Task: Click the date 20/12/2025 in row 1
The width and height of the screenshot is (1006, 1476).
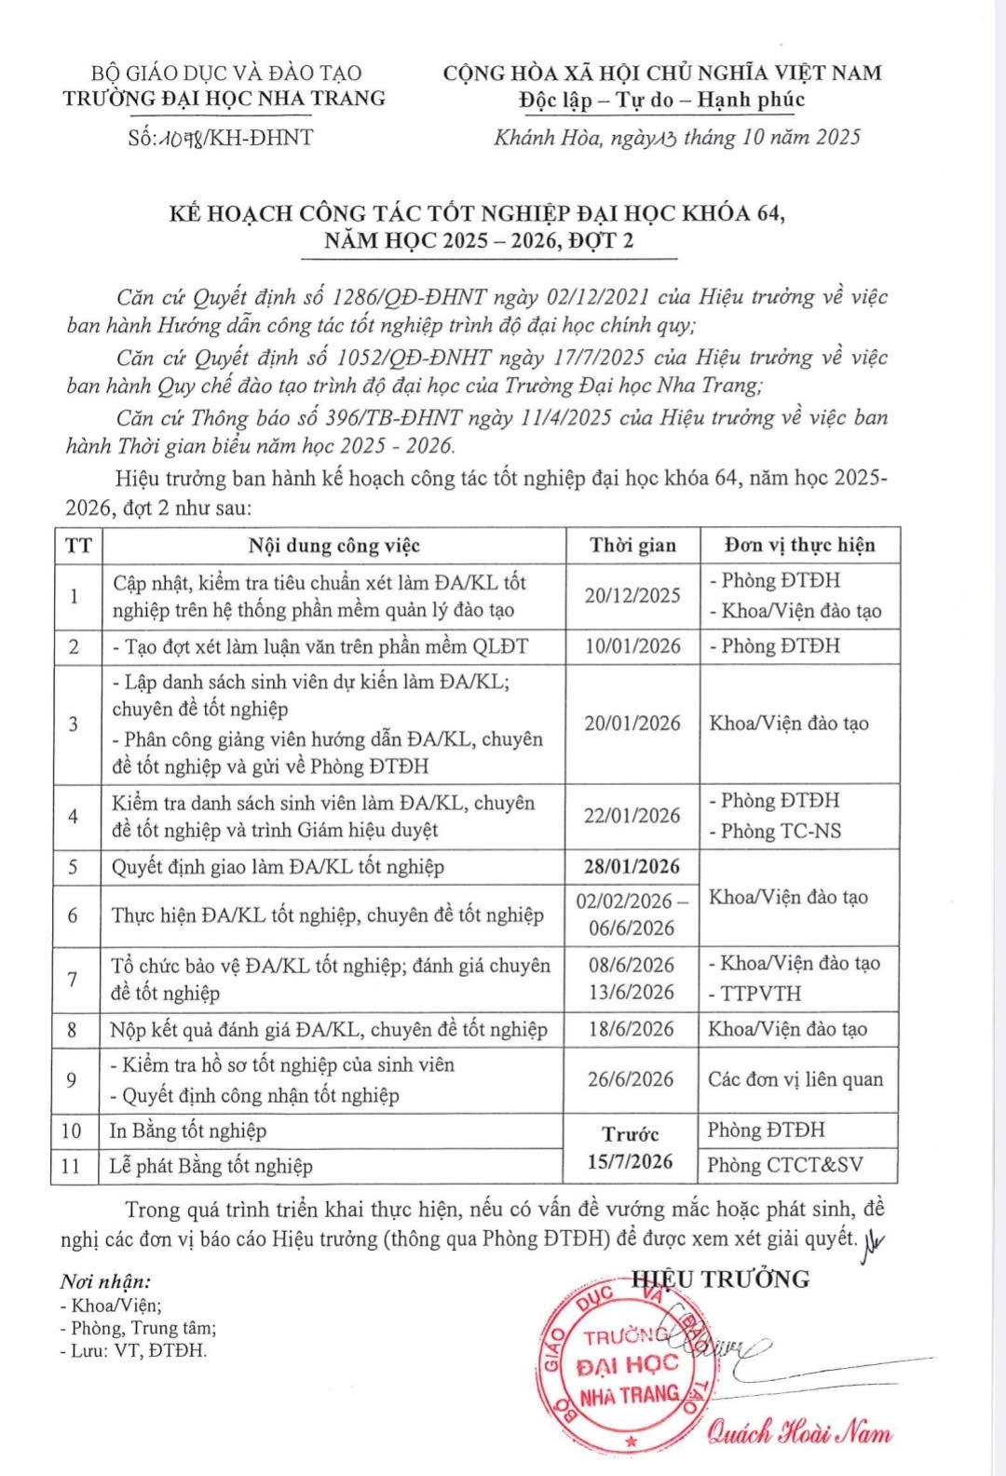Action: [x=632, y=596]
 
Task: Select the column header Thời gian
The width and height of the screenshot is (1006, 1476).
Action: [x=632, y=546]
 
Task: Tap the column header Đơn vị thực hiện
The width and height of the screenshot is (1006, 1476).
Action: [x=799, y=545]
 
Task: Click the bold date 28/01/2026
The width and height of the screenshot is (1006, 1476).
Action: [x=632, y=867]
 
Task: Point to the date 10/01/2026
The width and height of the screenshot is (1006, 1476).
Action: [x=632, y=646]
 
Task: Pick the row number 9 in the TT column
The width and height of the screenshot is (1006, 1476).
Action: [x=72, y=1080]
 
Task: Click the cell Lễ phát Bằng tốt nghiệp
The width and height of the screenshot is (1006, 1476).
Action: [x=211, y=1166]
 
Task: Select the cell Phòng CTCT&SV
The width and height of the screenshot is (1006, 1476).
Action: [x=784, y=1165]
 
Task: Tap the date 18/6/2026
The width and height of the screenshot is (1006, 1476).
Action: [x=632, y=1029]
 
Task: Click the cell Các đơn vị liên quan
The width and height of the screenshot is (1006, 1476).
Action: [x=795, y=1080]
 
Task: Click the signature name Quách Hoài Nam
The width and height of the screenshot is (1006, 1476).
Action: [x=798, y=1432]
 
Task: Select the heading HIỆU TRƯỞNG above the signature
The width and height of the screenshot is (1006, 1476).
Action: [x=720, y=1280]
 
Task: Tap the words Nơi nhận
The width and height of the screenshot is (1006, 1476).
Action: [x=105, y=1282]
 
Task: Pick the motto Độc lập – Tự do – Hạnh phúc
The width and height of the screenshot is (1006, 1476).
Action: [x=661, y=100]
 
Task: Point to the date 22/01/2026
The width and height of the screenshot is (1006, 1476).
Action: [x=632, y=816]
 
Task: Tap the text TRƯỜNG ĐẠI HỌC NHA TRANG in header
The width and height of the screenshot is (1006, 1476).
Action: [x=224, y=99]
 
